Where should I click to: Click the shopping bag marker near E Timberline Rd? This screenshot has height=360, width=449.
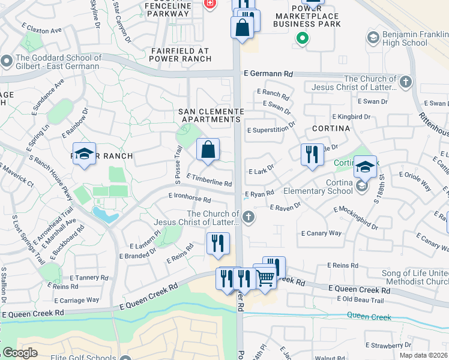(208, 150)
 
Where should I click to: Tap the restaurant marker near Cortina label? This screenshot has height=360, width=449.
(312, 154)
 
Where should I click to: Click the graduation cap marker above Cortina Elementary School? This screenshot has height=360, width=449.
(365, 167)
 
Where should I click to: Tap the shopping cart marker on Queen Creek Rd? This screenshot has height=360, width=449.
(265, 276)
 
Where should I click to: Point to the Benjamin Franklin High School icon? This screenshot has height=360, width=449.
(372, 38)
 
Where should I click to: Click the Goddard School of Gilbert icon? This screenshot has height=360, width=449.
(7, 61)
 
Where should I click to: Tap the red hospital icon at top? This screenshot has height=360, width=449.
(209, 4)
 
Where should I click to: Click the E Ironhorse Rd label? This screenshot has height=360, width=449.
(190, 197)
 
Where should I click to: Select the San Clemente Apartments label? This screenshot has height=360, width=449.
(211, 116)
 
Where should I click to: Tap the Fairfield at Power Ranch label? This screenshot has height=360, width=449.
(181, 55)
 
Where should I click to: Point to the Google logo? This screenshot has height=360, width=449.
(20, 352)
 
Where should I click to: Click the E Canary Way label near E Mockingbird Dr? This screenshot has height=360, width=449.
(321, 233)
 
